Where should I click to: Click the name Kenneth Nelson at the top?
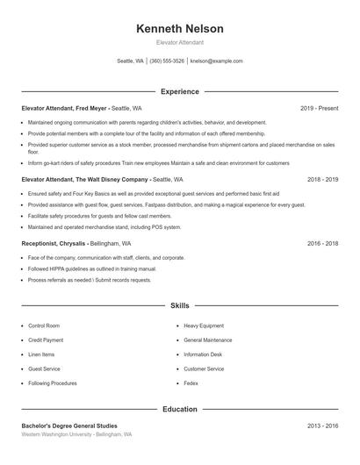tap(180, 29)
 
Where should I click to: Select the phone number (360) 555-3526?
tap(167, 61)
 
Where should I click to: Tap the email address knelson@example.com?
tap(216, 61)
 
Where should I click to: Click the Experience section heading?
tap(180, 91)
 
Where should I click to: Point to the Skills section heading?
tap(180, 305)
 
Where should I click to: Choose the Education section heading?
tap(180, 409)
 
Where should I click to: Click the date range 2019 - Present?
tap(319, 108)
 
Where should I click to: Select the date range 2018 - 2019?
tap(322, 179)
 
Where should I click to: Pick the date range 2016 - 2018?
tap(322, 243)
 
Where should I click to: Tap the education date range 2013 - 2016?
tap(322, 426)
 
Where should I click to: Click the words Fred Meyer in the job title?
tap(91, 108)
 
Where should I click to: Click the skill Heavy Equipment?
tap(204, 325)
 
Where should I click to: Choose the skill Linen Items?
tap(41, 354)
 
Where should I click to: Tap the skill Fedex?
tap(191, 383)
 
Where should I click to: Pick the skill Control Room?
tap(44, 325)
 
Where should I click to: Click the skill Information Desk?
tap(203, 354)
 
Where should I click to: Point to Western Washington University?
tap(56, 434)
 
